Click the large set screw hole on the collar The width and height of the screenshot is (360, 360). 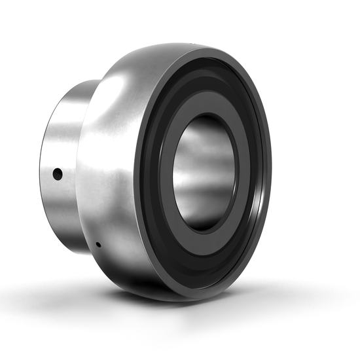pyautogui.click(x=58, y=174)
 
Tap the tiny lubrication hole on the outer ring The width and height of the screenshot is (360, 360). pyautogui.click(x=98, y=245)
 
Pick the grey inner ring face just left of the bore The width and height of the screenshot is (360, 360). pyautogui.click(x=168, y=173)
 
